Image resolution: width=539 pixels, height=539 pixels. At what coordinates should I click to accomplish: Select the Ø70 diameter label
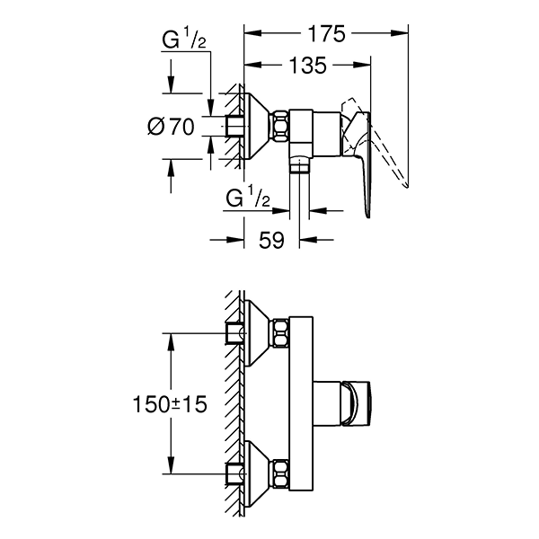coord(171,127)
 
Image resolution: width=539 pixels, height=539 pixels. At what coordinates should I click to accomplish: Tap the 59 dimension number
coord(271,239)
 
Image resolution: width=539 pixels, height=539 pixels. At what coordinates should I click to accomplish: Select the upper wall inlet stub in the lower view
coord(236,333)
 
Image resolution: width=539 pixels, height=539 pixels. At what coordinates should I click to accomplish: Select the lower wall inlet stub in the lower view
coord(236,472)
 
